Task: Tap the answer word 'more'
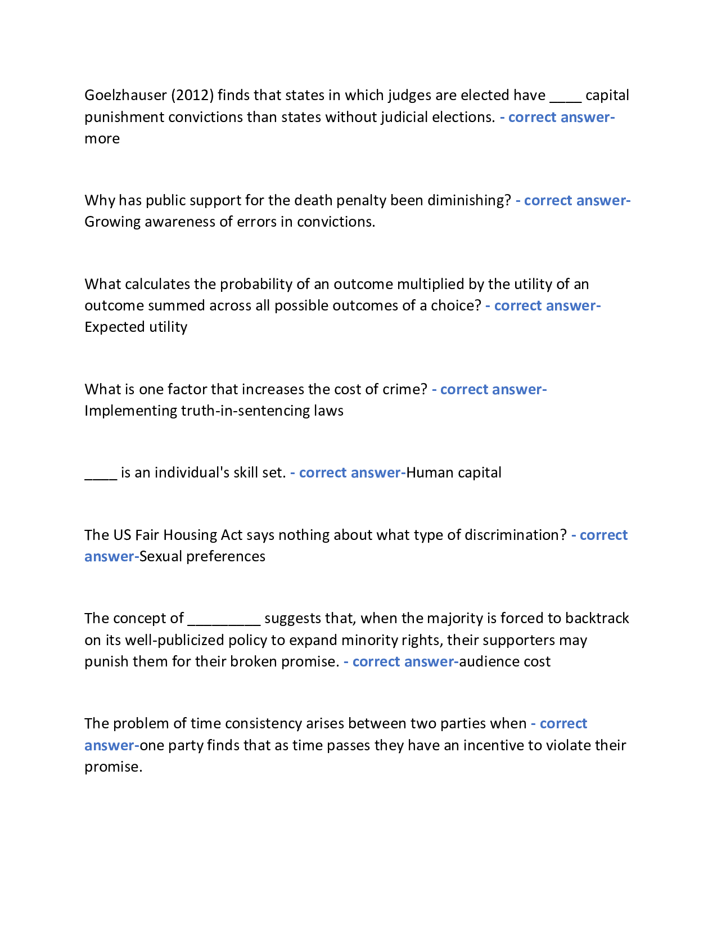(102, 138)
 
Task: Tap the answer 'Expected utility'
(136, 327)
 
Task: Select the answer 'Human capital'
(453, 472)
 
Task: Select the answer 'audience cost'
(504, 661)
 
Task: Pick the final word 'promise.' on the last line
(113, 767)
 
